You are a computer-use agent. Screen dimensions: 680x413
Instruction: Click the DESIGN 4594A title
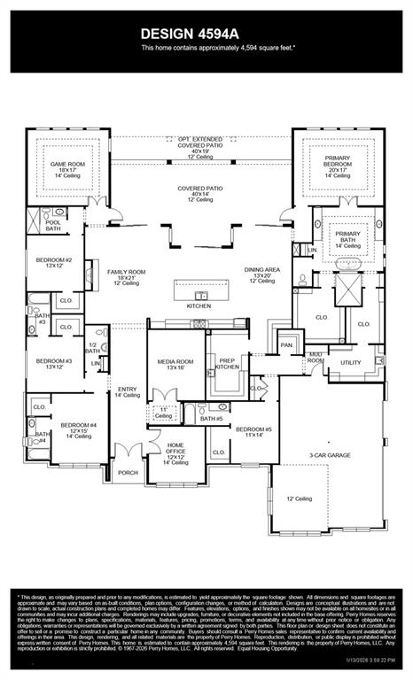click(206, 32)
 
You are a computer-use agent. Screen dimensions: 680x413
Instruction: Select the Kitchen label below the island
click(199, 305)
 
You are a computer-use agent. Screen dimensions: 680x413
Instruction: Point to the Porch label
click(129, 472)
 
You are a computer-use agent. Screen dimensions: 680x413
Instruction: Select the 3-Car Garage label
click(329, 455)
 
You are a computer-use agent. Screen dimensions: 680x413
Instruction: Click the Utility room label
click(350, 362)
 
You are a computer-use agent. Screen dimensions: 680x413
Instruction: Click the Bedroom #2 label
click(54, 262)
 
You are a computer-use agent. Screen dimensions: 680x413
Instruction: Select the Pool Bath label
click(54, 225)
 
